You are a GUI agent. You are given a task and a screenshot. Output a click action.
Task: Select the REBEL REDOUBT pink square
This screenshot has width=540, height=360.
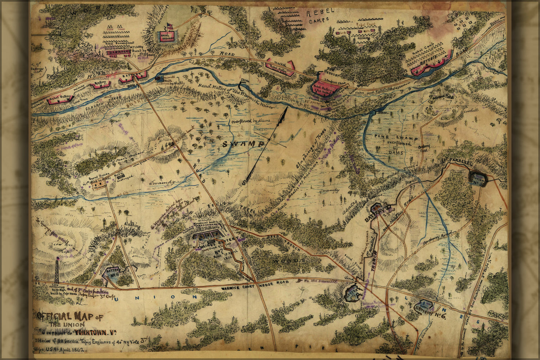click(168, 37)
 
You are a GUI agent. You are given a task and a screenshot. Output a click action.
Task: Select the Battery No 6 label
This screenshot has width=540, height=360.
click(430, 308)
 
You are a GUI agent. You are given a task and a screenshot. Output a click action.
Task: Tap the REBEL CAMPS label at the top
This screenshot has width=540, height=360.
click(320, 16)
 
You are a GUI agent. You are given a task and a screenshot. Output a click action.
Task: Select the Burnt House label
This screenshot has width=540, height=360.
click(98, 178)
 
